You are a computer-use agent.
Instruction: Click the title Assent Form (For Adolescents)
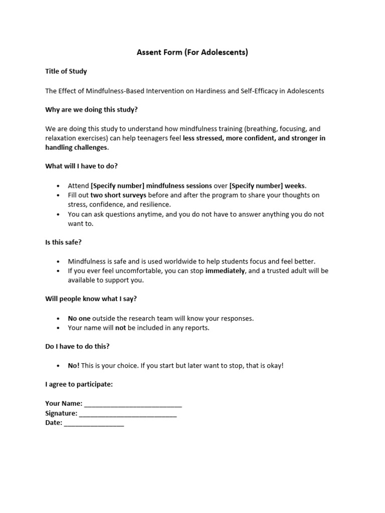click(192, 52)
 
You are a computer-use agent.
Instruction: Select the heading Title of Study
click(66, 71)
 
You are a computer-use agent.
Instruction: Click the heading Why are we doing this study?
click(91, 109)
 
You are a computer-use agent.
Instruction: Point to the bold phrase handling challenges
click(76, 147)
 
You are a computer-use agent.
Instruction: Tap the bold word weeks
click(295, 185)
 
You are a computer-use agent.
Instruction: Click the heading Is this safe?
click(63, 242)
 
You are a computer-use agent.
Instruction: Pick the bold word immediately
click(225, 271)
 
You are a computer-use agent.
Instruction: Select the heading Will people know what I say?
click(91, 299)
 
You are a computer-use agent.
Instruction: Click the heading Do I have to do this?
click(77, 346)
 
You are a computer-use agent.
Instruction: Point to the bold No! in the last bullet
click(74, 365)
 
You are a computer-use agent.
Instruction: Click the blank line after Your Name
click(133, 404)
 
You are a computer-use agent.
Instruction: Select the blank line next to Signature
click(128, 413)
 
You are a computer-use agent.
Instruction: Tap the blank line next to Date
click(94, 423)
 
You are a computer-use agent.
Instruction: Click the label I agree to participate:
click(79, 384)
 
